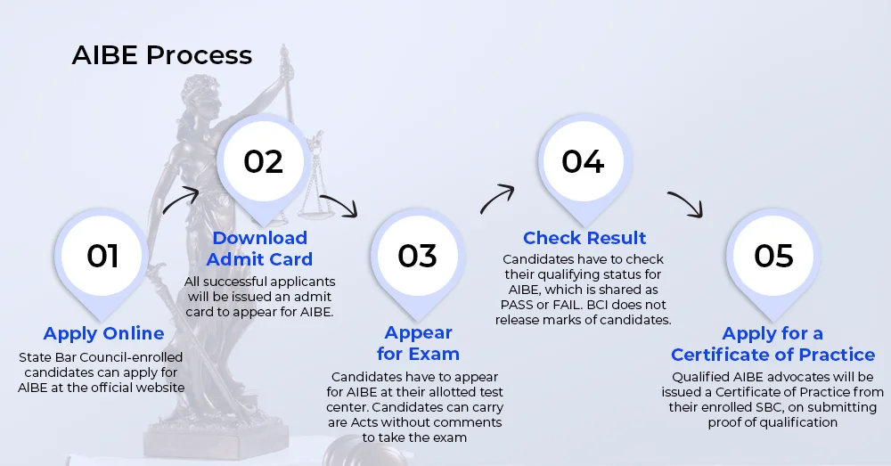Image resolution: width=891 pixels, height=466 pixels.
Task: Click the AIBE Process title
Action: pyautogui.click(x=162, y=55)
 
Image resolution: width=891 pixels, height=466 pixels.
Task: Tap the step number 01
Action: pyautogui.click(x=102, y=256)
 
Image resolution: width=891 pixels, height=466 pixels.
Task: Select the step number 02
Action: pyautogui.click(x=263, y=161)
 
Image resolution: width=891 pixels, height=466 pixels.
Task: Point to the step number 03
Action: pyautogui.click(x=417, y=256)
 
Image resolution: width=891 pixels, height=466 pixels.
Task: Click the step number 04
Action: pyautogui.click(x=583, y=161)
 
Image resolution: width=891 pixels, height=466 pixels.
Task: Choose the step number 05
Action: pyautogui.click(x=773, y=256)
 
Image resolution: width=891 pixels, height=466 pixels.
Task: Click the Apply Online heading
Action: pyautogui.click(x=103, y=333)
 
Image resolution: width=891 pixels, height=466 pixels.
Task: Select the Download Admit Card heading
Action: pyautogui.click(x=259, y=249)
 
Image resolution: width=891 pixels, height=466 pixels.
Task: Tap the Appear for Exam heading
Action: pyautogui.click(x=418, y=343)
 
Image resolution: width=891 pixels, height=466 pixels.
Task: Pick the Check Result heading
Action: pyautogui.click(x=584, y=238)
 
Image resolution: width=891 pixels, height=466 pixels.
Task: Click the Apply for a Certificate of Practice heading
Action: pyautogui.click(x=772, y=344)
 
